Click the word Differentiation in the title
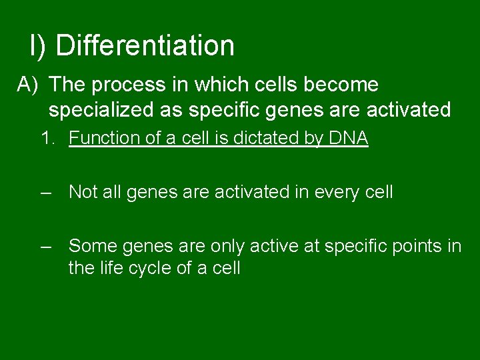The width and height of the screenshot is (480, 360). (x=145, y=46)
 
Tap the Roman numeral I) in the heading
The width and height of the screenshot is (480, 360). (x=37, y=46)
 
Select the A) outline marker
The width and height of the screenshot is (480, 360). (x=29, y=85)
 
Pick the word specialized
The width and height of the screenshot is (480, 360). (x=97, y=109)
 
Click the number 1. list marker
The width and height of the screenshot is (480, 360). (x=47, y=139)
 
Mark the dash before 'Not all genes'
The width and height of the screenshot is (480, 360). (x=45, y=193)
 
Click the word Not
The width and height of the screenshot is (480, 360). (x=83, y=193)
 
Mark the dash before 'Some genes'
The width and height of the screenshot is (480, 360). (x=45, y=247)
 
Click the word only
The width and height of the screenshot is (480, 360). (x=227, y=247)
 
